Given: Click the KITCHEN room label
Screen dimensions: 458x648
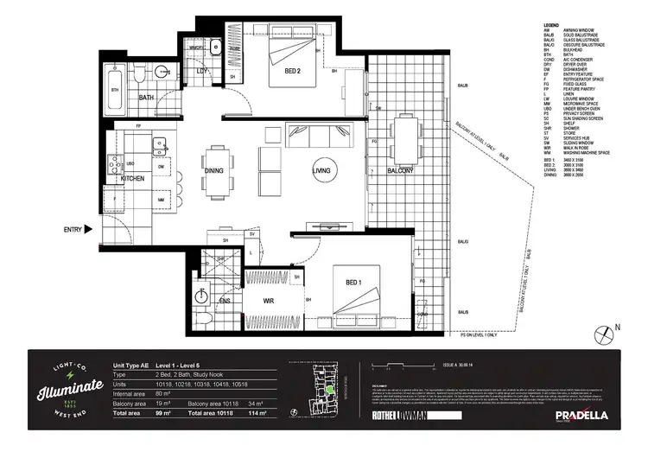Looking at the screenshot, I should (131, 178).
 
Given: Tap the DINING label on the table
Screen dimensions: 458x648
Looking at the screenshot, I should (213, 171).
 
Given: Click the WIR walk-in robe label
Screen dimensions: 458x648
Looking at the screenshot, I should (268, 302).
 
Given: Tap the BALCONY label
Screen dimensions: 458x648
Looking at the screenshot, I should (400, 171).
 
